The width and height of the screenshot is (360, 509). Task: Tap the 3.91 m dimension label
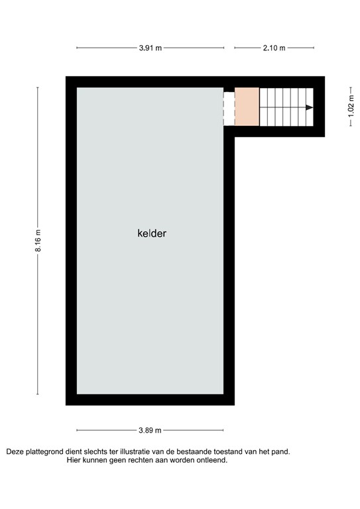click(x=150, y=48)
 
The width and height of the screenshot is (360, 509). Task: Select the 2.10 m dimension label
click(x=274, y=48)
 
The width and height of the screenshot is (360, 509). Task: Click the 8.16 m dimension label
click(x=38, y=241)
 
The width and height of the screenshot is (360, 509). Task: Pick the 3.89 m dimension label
click(x=150, y=430)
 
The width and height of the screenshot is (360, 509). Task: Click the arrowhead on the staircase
click(x=309, y=107)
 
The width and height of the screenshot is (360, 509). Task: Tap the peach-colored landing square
click(x=247, y=107)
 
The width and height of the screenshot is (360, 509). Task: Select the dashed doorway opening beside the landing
click(x=229, y=107)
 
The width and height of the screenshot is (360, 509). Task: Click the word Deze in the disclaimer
click(x=17, y=452)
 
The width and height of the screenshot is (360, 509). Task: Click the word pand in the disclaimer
click(x=281, y=452)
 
